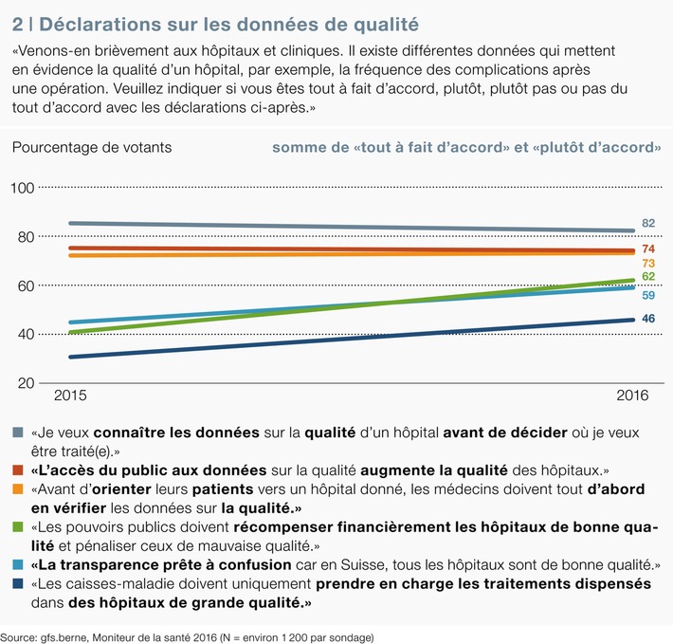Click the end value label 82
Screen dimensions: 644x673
[648, 223]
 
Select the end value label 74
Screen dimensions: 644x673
[648, 248]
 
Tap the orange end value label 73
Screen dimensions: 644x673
[648, 263]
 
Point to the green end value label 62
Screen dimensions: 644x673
[648, 276]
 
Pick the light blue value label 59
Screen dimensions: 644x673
[648, 295]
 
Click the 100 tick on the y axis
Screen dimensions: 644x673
[23, 188]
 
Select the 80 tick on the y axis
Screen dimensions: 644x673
[26, 237]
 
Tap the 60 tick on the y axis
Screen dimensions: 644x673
[26, 285]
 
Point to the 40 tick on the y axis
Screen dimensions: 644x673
[26, 334]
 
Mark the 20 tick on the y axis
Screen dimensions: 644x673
[26, 383]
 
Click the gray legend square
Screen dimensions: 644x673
[19, 432]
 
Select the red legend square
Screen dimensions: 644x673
[19, 469]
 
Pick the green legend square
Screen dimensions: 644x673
[19, 527]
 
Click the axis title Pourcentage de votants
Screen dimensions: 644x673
[92, 147]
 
